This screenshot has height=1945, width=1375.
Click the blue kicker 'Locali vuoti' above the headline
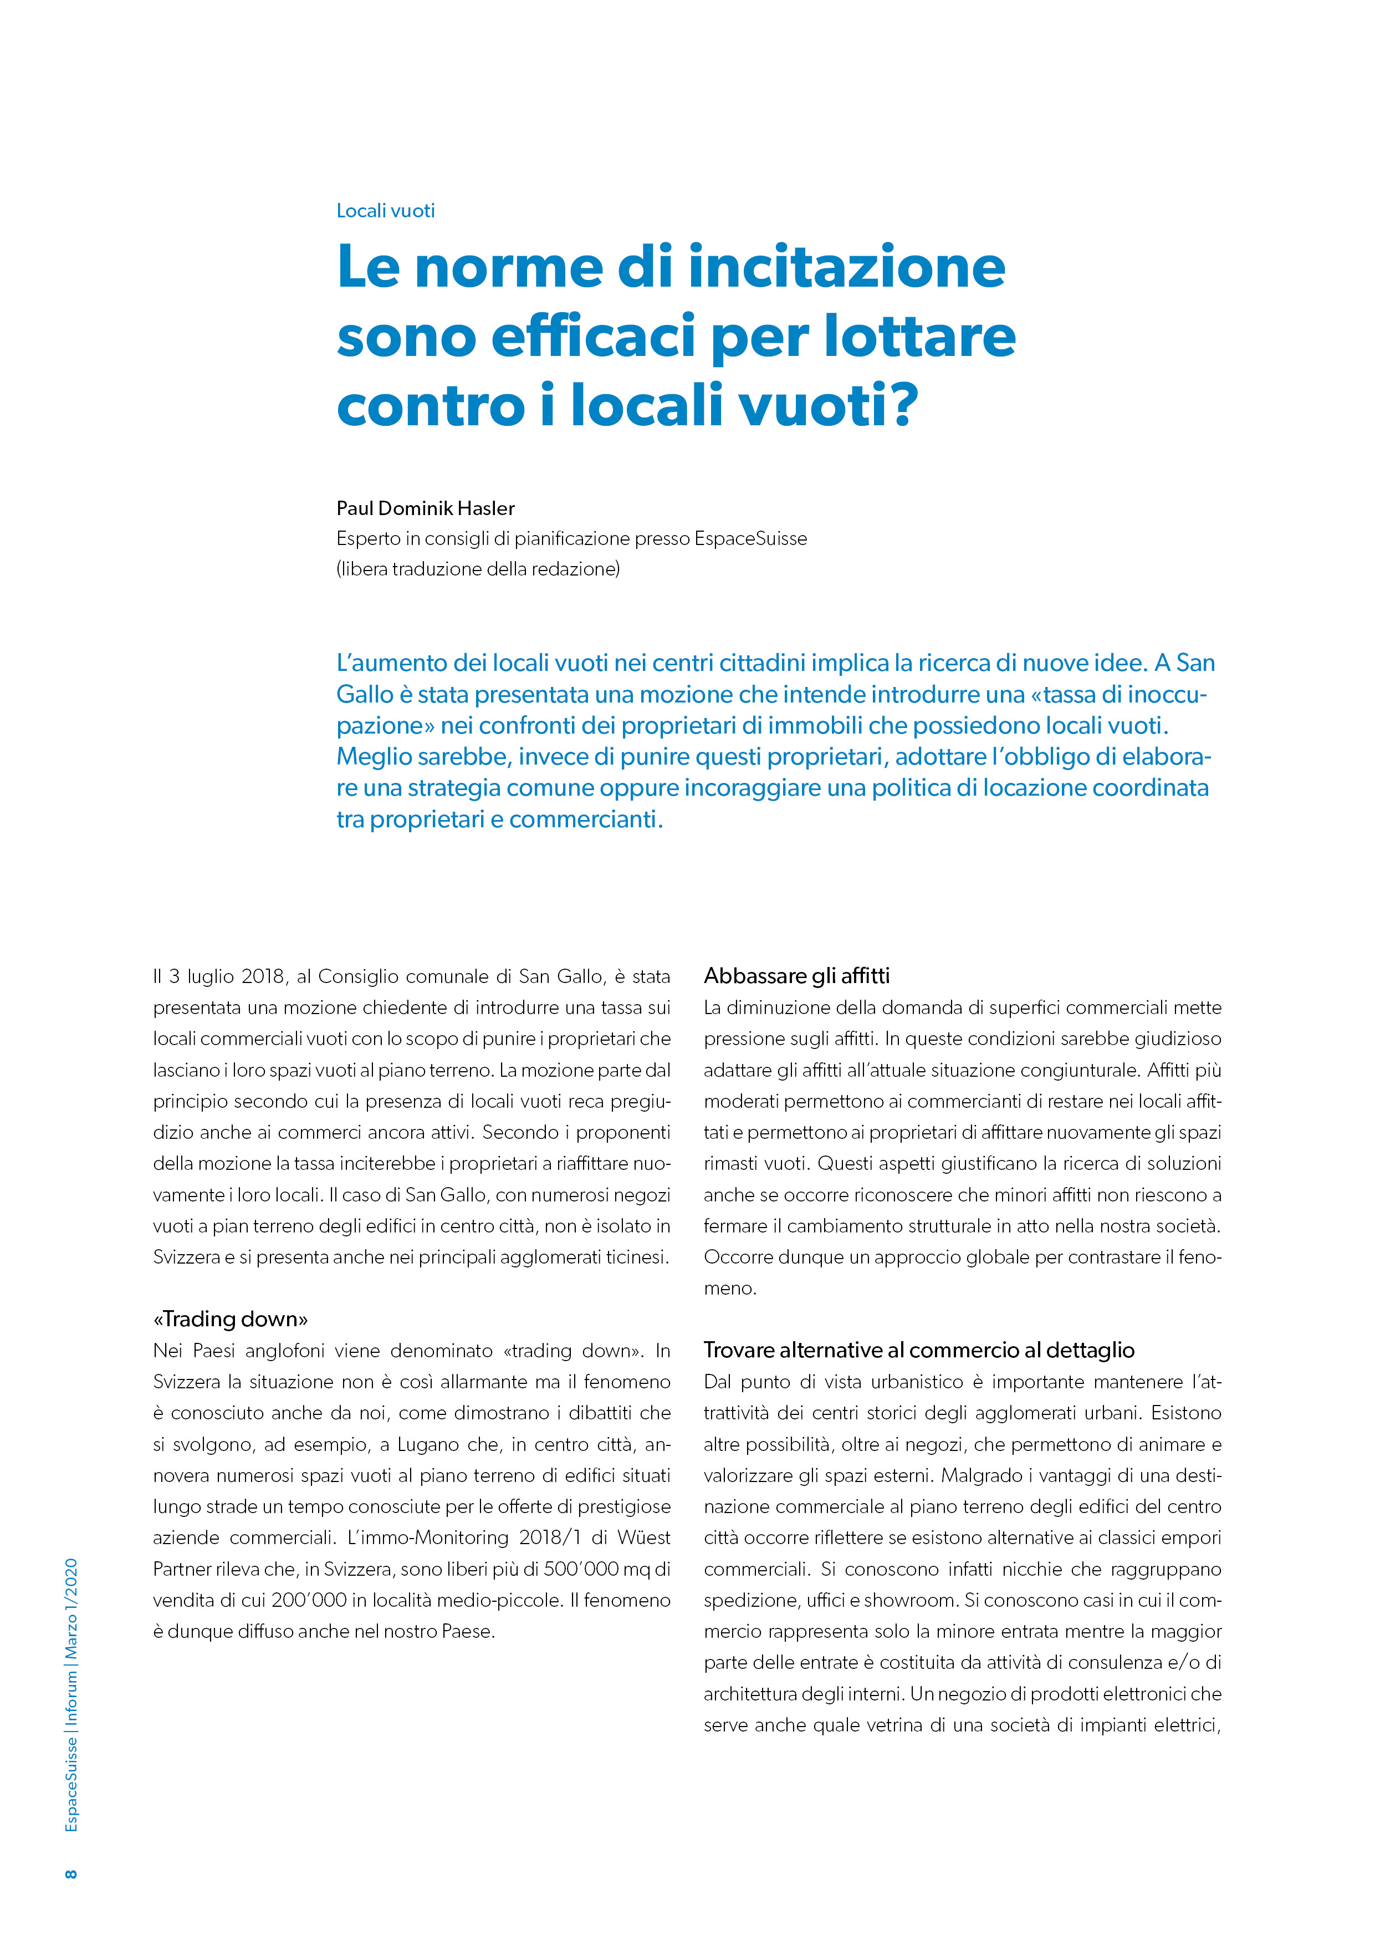point(385,211)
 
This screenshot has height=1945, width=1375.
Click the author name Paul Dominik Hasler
point(425,508)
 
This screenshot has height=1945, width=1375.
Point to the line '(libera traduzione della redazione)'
point(478,569)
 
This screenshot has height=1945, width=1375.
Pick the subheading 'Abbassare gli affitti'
point(797,976)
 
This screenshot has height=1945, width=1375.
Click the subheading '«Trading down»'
point(231,1319)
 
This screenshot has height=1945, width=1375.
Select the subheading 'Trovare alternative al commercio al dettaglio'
point(919,1350)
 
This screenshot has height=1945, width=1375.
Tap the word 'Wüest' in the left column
point(643,1537)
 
